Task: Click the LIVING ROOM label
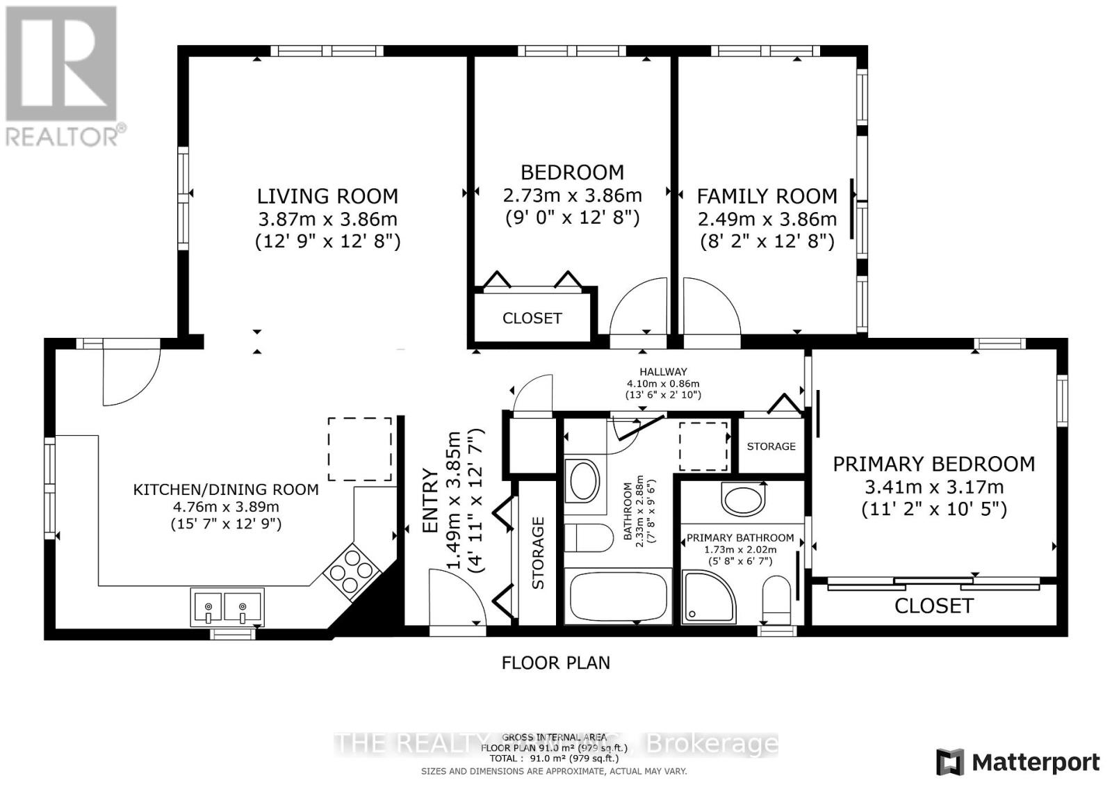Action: click(327, 196)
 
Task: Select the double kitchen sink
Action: click(227, 606)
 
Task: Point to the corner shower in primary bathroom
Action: click(709, 596)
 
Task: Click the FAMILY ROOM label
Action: click(767, 196)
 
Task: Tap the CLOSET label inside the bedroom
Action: click(532, 318)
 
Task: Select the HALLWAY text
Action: click(663, 372)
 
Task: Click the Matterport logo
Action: click(1018, 762)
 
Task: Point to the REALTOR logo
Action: click(62, 76)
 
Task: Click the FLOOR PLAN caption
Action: click(555, 663)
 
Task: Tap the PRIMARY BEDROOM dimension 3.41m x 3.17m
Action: click(933, 487)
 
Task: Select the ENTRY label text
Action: click(431, 501)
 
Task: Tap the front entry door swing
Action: click(455, 598)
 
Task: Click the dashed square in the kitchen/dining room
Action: click(359, 448)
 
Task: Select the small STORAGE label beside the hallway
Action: click(771, 446)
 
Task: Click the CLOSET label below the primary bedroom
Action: click(933, 606)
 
